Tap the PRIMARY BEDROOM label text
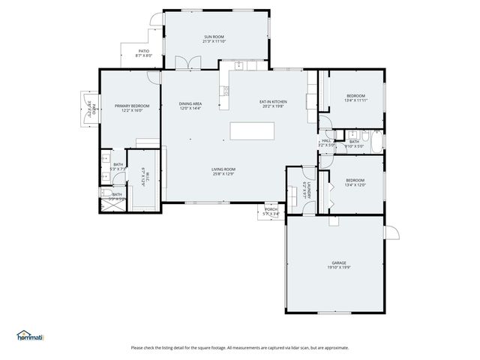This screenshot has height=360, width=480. click(x=132, y=106)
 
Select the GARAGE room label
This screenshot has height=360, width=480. click(x=339, y=262)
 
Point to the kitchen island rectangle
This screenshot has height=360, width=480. click(x=252, y=130)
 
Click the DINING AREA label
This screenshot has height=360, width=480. click(x=190, y=103)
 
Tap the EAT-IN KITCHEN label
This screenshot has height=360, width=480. click(x=274, y=101)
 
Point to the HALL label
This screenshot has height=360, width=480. click(x=326, y=140)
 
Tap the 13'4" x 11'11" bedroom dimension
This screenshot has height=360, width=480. click(x=355, y=100)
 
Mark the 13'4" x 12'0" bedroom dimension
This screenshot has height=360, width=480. click(x=355, y=184)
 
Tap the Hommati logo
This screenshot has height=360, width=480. click(x=30, y=335)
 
